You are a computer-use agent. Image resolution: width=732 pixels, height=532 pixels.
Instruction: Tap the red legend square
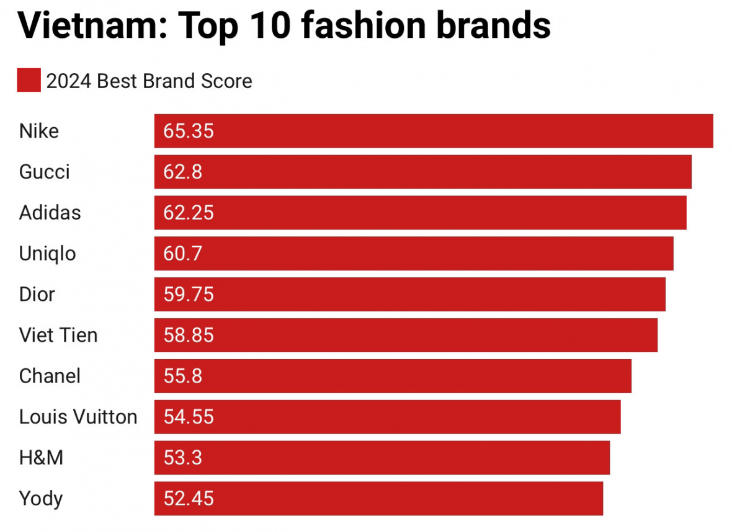(x=29, y=81)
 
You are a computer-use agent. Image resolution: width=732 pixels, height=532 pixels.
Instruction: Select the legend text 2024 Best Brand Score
(x=149, y=81)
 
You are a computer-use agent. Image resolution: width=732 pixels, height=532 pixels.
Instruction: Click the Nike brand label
(x=39, y=131)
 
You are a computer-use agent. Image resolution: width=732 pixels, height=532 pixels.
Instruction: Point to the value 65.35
(x=189, y=131)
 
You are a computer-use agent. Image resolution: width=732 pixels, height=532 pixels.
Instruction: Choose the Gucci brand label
(x=45, y=172)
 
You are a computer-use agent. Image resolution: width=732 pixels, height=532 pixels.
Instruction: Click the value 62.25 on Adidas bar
(x=189, y=213)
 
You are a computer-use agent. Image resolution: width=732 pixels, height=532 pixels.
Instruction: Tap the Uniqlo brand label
(x=48, y=254)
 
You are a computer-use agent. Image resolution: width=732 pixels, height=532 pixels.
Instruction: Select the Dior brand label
(x=37, y=294)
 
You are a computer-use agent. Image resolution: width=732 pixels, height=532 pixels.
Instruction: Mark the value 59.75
(x=189, y=294)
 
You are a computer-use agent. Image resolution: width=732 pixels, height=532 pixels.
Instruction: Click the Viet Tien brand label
(x=58, y=335)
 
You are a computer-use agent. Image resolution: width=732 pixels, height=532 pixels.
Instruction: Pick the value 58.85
(x=189, y=335)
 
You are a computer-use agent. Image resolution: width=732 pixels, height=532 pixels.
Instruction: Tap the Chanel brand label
(x=50, y=376)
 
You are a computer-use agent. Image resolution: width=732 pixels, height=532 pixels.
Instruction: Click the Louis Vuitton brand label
(x=78, y=417)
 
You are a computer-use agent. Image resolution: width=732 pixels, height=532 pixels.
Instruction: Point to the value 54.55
(x=189, y=417)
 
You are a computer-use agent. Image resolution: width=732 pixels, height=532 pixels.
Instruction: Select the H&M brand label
(x=41, y=458)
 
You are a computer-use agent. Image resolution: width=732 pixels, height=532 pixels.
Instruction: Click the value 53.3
(x=183, y=458)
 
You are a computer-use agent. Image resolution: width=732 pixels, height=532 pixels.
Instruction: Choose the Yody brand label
(x=41, y=499)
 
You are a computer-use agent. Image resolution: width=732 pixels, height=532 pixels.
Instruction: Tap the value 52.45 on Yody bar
(x=189, y=499)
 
